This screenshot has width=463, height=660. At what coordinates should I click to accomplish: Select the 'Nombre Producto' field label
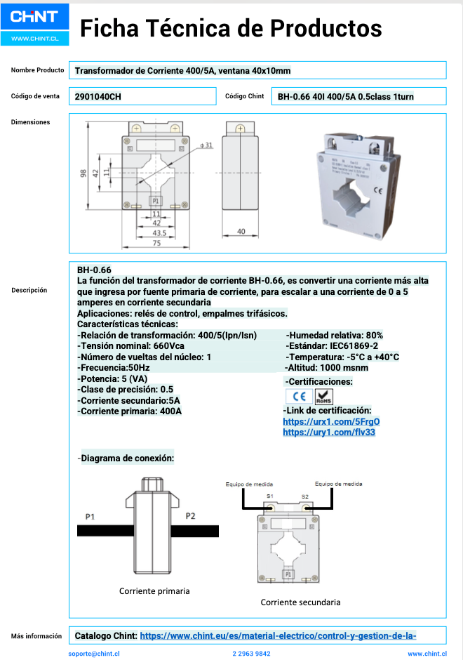pos(37,70)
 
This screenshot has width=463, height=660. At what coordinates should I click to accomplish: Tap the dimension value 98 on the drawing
pos(83,173)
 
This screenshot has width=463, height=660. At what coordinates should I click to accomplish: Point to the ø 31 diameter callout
pos(206,145)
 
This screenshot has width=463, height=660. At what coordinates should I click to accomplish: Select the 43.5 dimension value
pos(159,232)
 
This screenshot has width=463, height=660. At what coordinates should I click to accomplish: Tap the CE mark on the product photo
pos(377,190)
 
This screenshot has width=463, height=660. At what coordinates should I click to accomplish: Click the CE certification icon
pos(299,396)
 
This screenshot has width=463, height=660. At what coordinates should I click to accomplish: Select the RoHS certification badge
pos(324,396)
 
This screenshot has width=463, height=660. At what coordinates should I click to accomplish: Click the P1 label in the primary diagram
pos(90,517)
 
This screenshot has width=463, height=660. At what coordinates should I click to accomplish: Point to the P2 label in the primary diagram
pos(190,517)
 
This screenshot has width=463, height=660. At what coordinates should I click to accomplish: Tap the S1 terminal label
pos(270,496)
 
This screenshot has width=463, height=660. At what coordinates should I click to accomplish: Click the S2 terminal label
pos(304,496)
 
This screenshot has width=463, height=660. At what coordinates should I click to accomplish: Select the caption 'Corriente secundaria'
pos(300,602)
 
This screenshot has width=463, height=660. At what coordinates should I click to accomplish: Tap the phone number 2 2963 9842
pos(250,654)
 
